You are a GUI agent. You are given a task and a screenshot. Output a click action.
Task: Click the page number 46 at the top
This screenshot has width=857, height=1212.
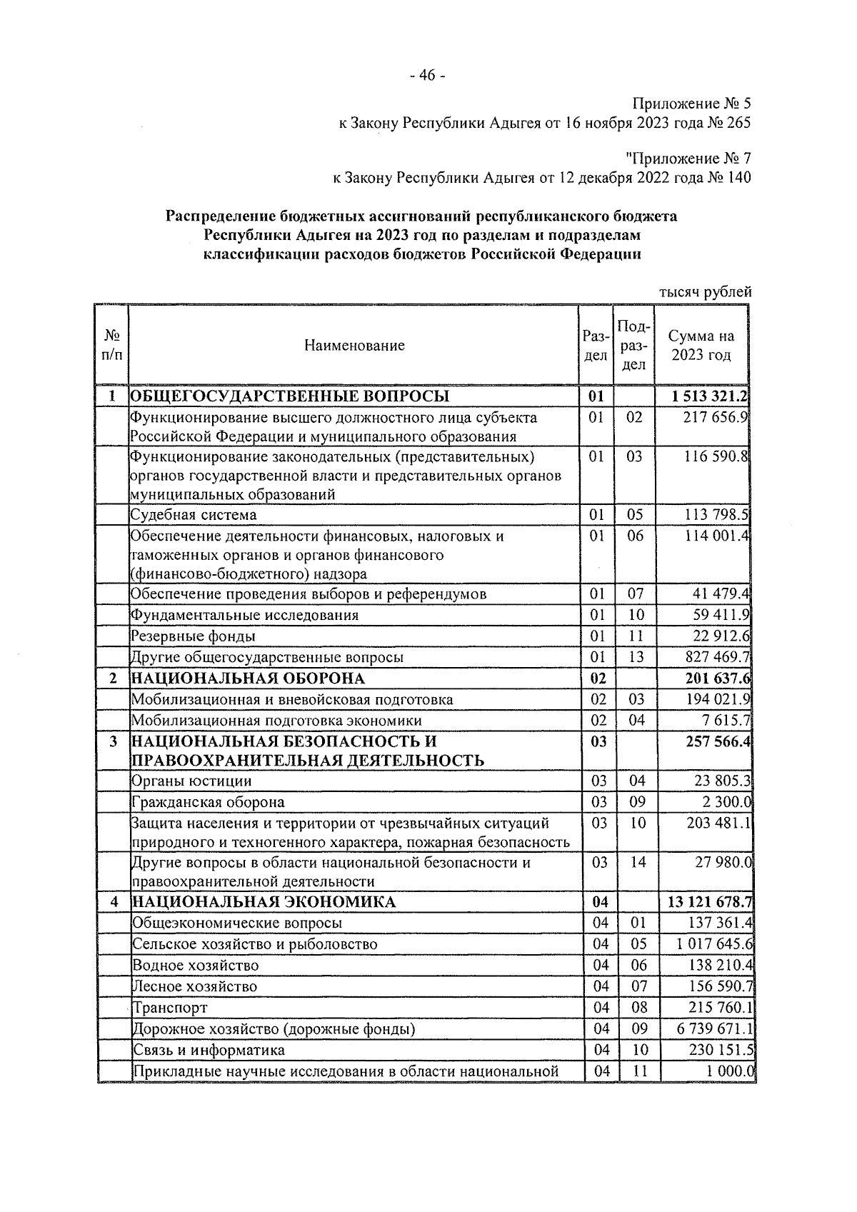click(428, 76)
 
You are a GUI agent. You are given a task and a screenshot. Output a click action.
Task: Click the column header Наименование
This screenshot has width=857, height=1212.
click(354, 346)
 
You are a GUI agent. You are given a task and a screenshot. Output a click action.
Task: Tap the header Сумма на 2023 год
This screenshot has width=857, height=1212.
click(701, 346)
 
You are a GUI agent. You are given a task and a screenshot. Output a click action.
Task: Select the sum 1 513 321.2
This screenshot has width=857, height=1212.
click(710, 396)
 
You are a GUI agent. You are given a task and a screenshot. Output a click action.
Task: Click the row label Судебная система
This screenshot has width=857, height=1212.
click(194, 515)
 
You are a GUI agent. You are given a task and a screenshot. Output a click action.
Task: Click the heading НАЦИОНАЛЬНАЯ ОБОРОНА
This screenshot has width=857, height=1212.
click(248, 678)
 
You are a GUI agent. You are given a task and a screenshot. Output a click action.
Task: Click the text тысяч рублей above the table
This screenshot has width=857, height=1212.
click(705, 291)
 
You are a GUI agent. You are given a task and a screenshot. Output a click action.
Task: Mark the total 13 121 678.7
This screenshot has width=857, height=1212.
click(710, 902)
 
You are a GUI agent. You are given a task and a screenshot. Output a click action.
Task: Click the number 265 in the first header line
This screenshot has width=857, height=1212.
click(738, 123)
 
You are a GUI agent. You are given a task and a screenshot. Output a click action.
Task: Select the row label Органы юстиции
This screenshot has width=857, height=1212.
click(191, 781)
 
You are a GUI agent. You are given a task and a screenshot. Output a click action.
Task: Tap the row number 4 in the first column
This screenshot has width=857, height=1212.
click(114, 902)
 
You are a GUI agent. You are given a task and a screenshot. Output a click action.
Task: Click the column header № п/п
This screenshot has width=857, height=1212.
click(112, 346)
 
